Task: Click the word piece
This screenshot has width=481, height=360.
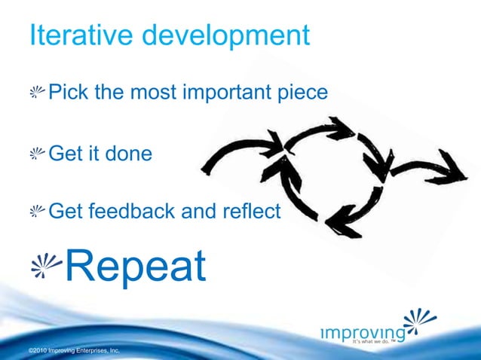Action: pos(302,93)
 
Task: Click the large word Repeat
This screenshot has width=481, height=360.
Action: pos(136,265)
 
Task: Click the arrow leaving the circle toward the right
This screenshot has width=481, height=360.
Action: pos(430,167)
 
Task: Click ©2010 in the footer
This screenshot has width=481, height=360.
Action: pos(36,351)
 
